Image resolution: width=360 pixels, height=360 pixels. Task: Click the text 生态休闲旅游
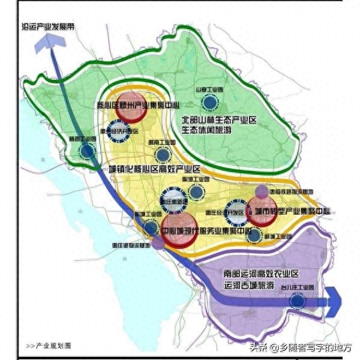[x=219, y=132]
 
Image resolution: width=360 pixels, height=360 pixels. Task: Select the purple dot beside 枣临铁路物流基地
[x=262, y=192]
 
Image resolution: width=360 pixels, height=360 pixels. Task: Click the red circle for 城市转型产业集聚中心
[x=263, y=214]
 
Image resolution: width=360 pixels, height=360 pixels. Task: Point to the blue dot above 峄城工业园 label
[x=254, y=236]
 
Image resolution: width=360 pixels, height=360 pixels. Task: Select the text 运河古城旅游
[x=249, y=284]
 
